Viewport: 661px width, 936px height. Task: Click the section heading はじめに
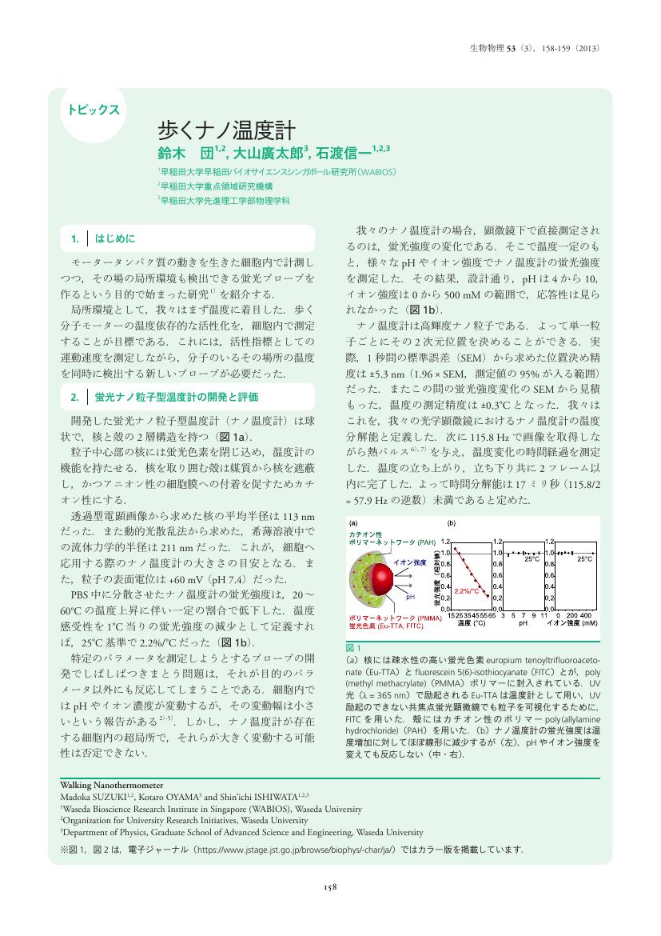click(x=117, y=238)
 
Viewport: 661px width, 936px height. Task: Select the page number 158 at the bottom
click(x=330, y=886)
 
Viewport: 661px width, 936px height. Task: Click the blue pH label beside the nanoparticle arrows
click(x=411, y=597)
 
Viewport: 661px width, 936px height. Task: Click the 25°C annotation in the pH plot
click(x=532, y=560)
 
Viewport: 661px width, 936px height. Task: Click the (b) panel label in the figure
click(x=451, y=523)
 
